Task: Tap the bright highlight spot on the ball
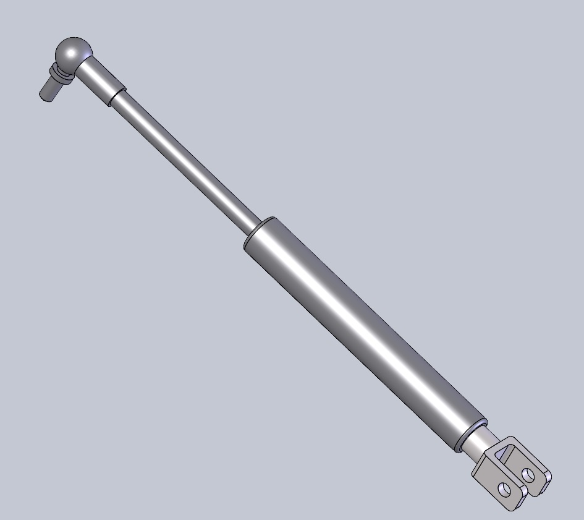coord(77,46)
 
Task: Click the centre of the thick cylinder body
coord(365,334)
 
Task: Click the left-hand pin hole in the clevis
coord(505,490)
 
